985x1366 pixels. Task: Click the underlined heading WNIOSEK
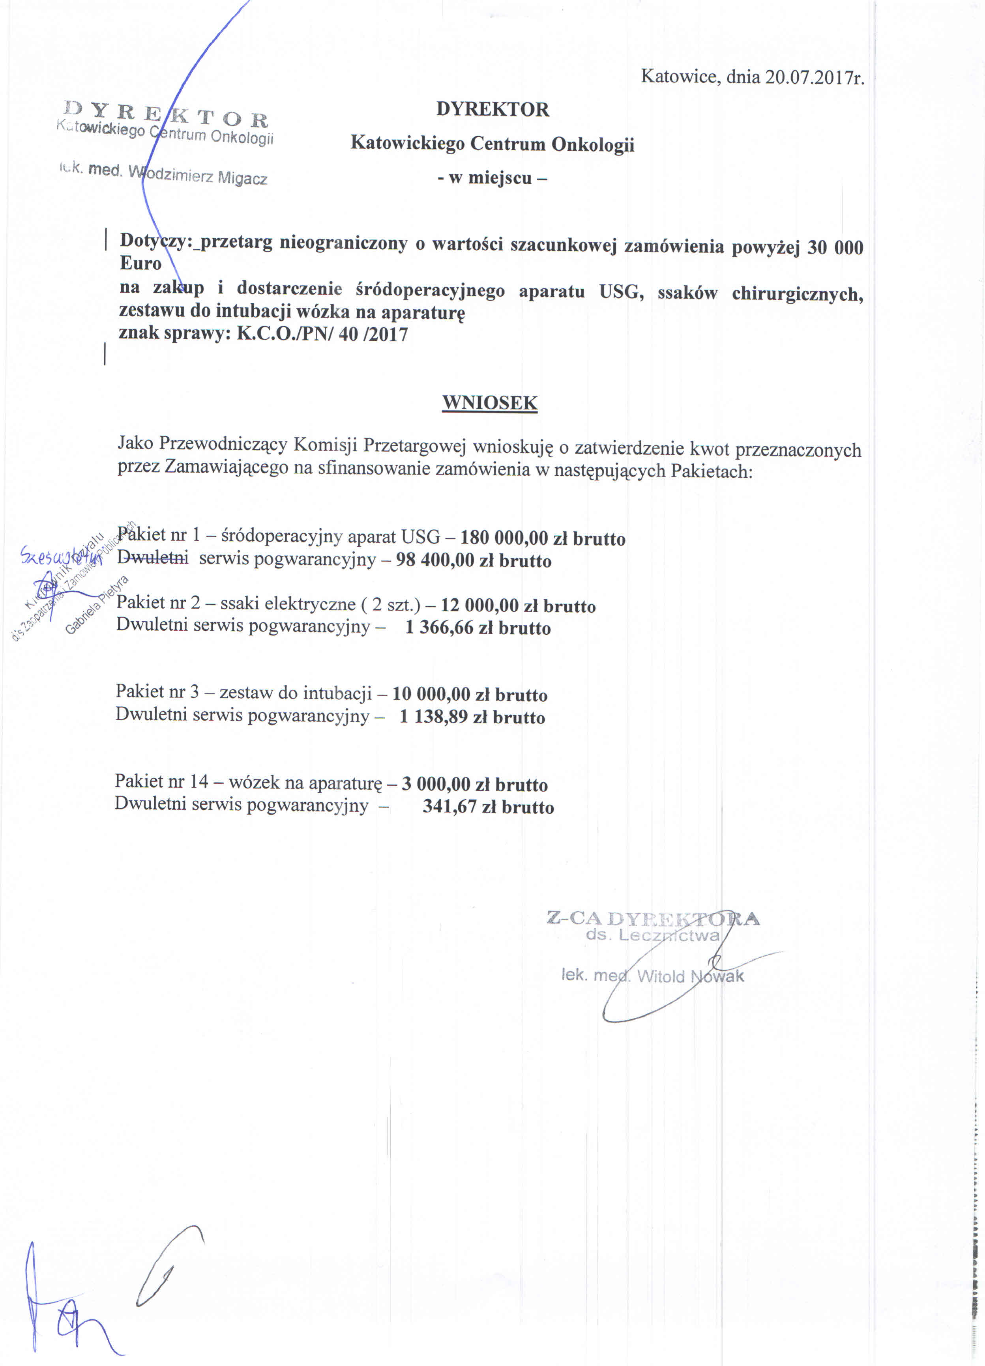coord(489,403)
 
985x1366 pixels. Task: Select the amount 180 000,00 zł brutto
coord(542,538)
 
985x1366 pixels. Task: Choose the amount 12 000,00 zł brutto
coord(518,605)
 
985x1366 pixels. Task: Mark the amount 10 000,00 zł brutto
coord(470,695)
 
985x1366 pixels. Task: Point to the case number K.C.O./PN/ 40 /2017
coord(322,334)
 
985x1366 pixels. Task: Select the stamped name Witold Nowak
coord(690,976)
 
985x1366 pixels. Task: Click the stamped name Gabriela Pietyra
coord(96,605)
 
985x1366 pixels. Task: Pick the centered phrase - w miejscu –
coord(492,178)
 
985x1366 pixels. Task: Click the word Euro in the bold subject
coord(140,263)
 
